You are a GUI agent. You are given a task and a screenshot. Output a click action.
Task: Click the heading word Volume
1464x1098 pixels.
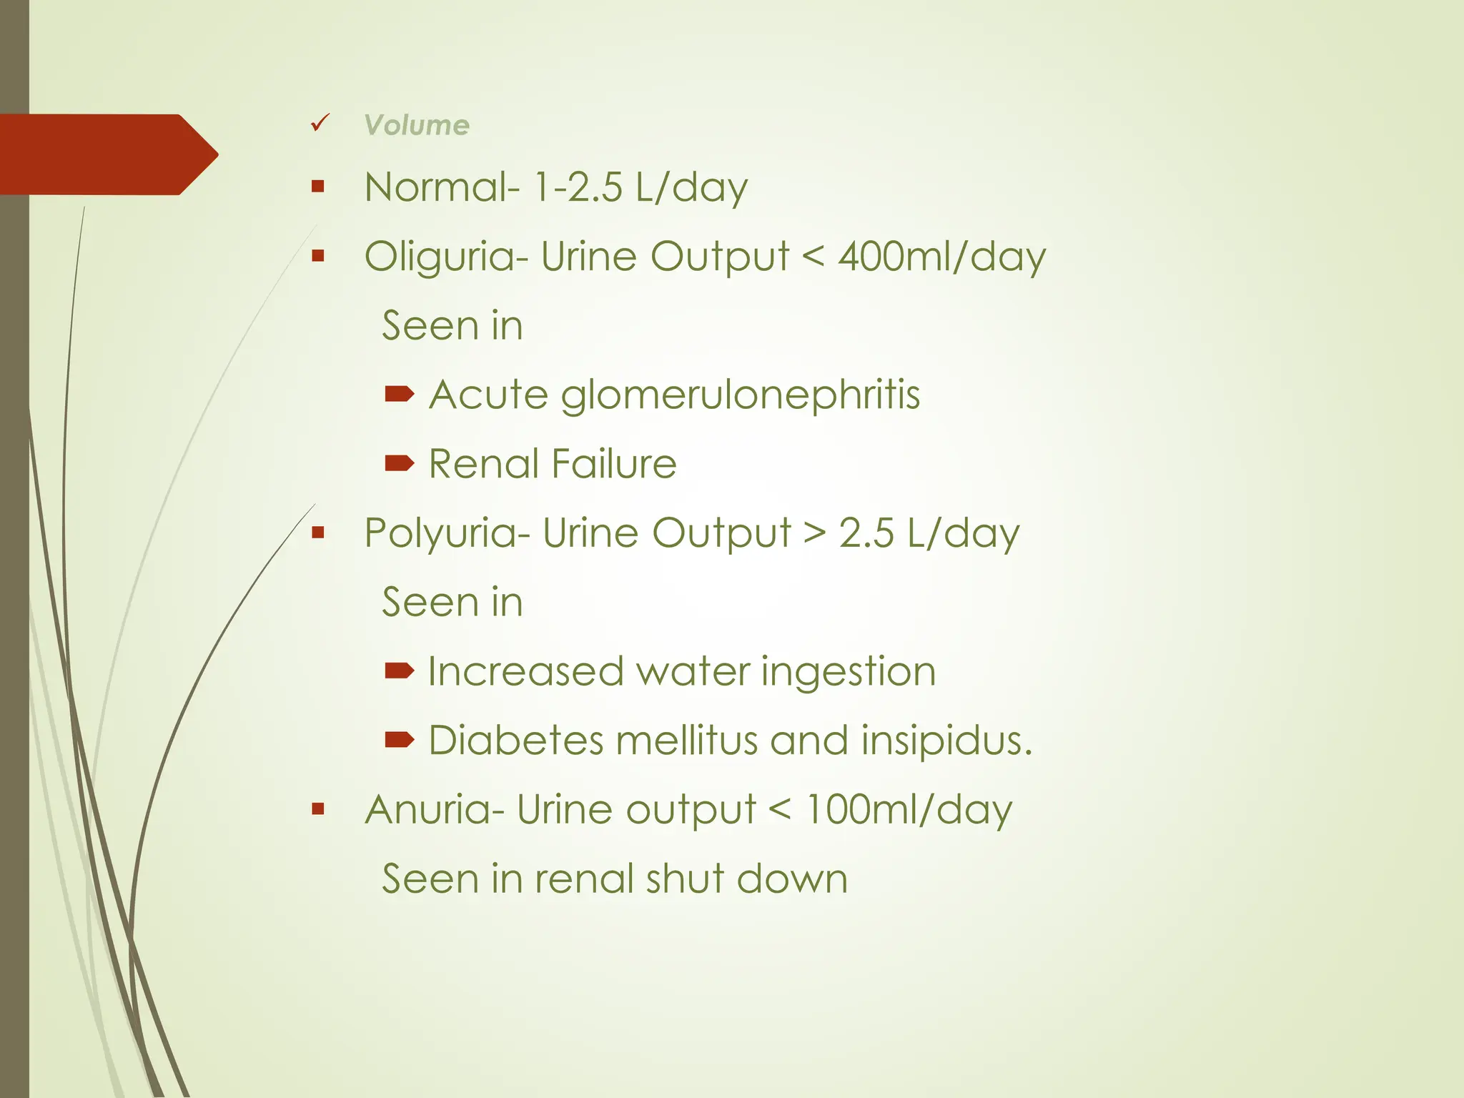click(417, 125)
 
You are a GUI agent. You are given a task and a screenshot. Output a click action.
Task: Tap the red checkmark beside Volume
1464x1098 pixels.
click(320, 123)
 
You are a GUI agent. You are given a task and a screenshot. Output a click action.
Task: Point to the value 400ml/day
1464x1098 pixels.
click(941, 257)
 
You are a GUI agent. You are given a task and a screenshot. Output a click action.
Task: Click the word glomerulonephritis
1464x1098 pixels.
click(740, 395)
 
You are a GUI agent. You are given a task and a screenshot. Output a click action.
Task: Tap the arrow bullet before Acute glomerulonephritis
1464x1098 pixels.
click(399, 394)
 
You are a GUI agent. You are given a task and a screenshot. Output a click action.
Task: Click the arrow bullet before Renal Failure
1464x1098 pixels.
click(399, 463)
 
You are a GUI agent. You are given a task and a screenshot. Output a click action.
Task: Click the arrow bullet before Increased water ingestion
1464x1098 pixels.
click(399, 670)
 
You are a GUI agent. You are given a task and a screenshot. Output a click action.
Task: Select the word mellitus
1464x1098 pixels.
click(686, 740)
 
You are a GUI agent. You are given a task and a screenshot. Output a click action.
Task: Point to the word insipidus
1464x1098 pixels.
click(945, 740)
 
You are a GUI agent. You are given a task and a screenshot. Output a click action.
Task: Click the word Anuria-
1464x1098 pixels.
click(435, 810)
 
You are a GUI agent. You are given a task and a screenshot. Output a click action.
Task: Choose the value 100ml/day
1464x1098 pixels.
click(909, 810)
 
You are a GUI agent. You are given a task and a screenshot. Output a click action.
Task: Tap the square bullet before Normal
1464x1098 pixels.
click(318, 187)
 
